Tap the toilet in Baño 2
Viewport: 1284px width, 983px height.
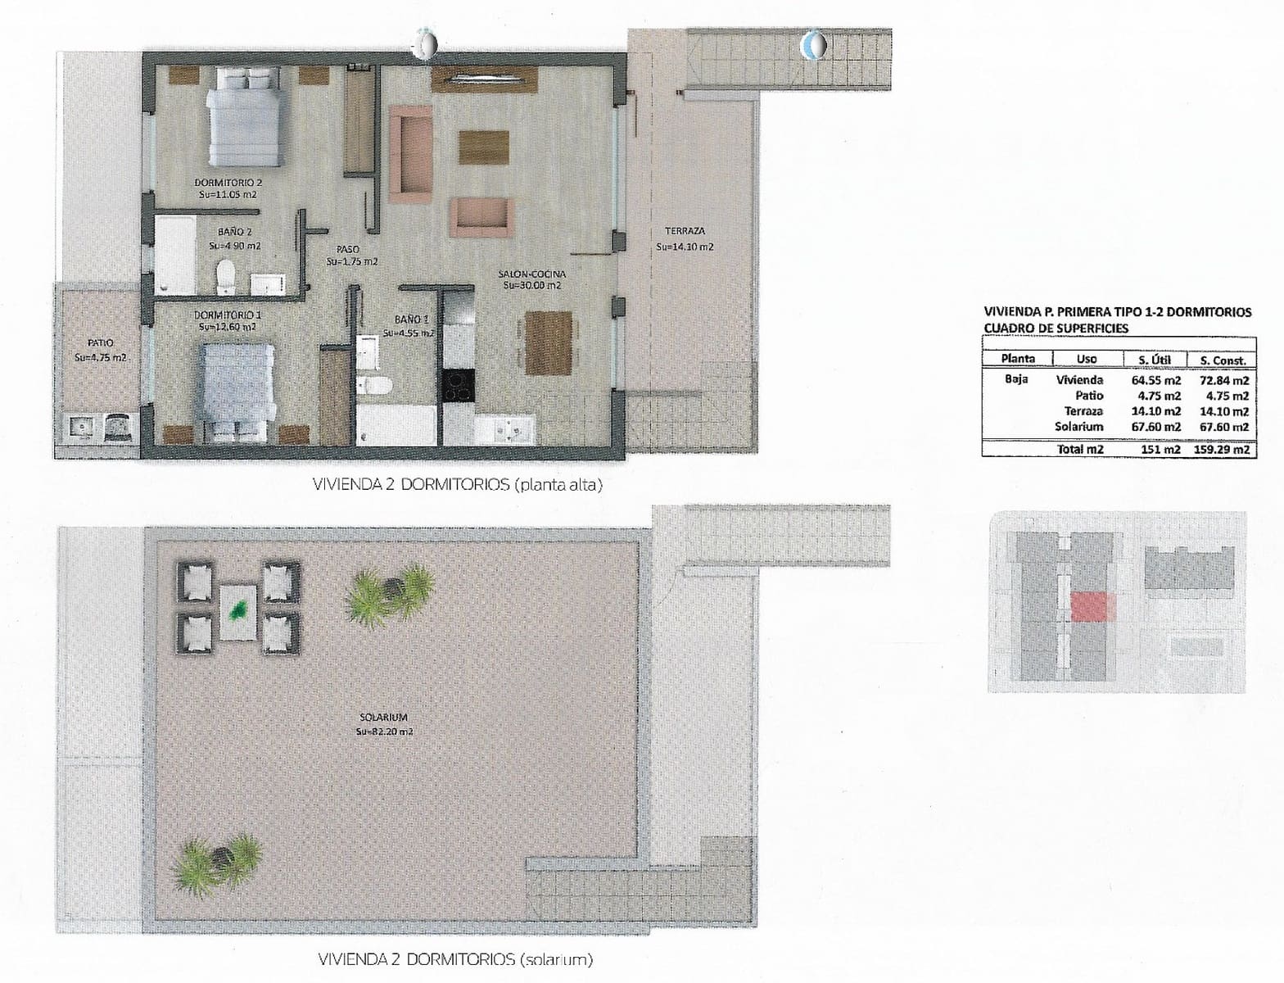point(225,277)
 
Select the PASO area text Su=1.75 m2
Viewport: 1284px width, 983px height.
point(352,262)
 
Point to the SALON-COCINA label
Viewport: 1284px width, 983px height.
point(533,274)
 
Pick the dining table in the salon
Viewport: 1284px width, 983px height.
point(548,342)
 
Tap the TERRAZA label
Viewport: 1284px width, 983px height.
point(685,232)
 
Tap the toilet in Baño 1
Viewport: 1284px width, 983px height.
point(376,386)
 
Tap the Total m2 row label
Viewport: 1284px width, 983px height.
point(1080,449)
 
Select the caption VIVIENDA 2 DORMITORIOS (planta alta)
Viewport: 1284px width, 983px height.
point(458,485)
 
